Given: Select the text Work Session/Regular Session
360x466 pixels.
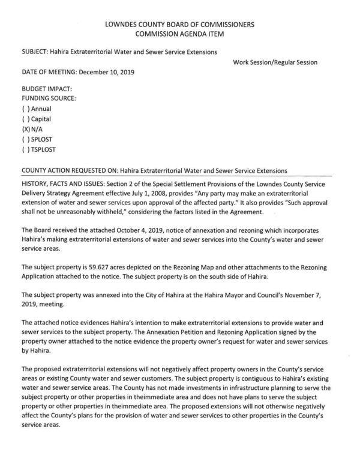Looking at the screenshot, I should click(275, 62).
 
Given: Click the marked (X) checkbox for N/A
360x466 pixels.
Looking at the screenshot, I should click(26, 129).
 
